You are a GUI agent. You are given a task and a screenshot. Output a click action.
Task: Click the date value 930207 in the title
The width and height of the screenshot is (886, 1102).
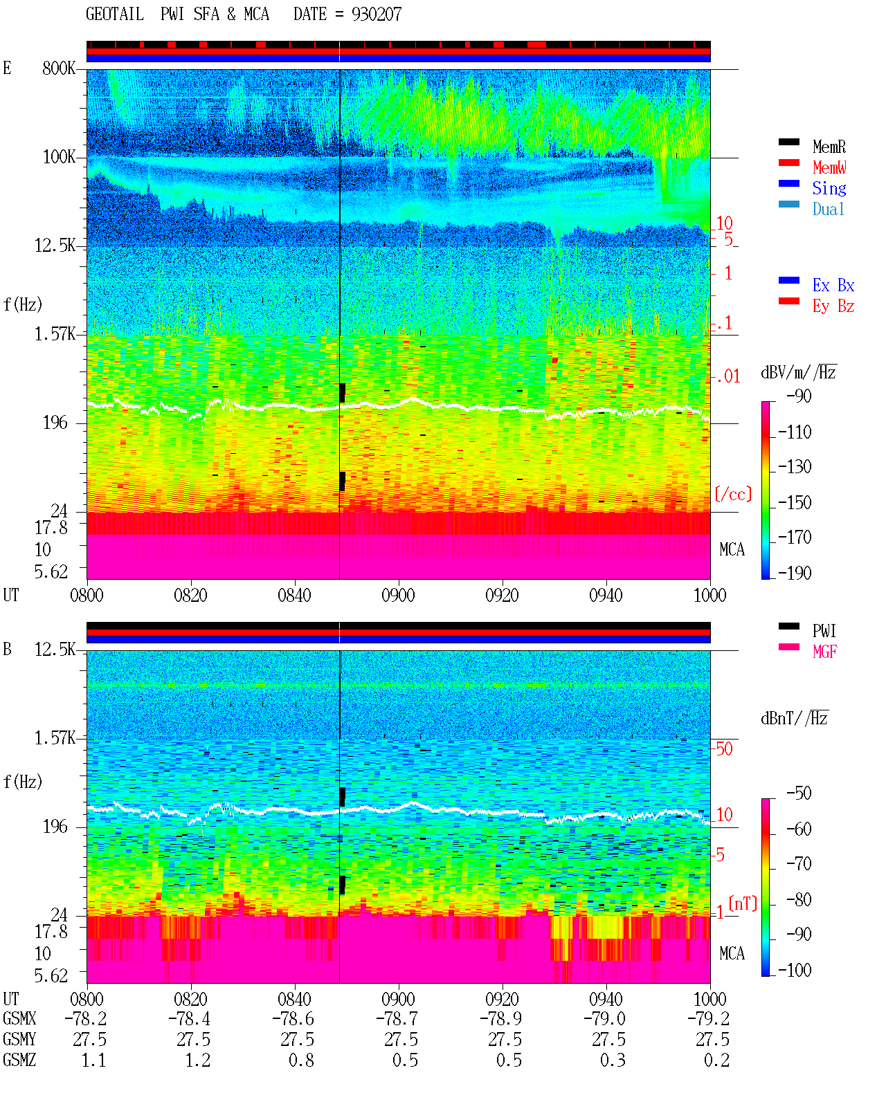(x=376, y=15)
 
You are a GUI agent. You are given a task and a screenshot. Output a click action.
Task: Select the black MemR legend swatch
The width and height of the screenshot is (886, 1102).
(x=788, y=142)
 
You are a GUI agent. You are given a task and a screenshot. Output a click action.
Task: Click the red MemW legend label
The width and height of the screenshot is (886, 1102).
(x=829, y=167)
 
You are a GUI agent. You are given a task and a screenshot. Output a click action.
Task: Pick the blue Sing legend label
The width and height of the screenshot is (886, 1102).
(x=829, y=188)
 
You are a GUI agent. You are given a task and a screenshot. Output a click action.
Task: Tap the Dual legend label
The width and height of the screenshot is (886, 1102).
(x=828, y=209)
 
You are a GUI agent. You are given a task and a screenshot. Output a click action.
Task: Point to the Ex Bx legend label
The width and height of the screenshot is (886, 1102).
(x=833, y=285)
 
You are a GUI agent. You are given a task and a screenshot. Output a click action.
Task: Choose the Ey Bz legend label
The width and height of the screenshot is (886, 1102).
(x=833, y=306)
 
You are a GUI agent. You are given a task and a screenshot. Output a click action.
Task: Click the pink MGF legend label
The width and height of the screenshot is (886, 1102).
(x=824, y=652)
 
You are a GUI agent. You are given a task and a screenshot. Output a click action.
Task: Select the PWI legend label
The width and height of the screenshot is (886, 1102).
(x=824, y=631)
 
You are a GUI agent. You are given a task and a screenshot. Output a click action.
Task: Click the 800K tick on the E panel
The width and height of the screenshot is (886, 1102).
(x=59, y=68)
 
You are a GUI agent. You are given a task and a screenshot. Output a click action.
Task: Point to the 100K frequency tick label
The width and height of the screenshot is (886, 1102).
(x=59, y=157)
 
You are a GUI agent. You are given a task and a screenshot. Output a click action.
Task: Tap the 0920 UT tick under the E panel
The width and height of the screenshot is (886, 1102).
(x=503, y=595)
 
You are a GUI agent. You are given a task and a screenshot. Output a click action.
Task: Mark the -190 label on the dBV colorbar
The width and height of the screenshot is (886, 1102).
(x=795, y=573)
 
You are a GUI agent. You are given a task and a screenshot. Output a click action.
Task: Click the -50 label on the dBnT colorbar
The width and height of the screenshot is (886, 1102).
(x=799, y=793)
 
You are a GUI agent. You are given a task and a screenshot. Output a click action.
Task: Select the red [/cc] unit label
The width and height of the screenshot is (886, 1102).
(x=733, y=494)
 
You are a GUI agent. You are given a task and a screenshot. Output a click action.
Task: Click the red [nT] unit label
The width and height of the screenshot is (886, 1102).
(x=743, y=904)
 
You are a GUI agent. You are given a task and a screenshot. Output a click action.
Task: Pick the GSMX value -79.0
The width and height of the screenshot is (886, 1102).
(x=605, y=1019)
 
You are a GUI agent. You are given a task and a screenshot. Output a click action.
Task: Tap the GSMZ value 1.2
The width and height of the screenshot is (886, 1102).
(x=198, y=1060)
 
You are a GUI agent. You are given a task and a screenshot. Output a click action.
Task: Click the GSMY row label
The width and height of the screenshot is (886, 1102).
(x=19, y=1040)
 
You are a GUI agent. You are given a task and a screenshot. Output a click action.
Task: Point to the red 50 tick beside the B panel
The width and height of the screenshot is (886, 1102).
(x=724, y=749)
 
